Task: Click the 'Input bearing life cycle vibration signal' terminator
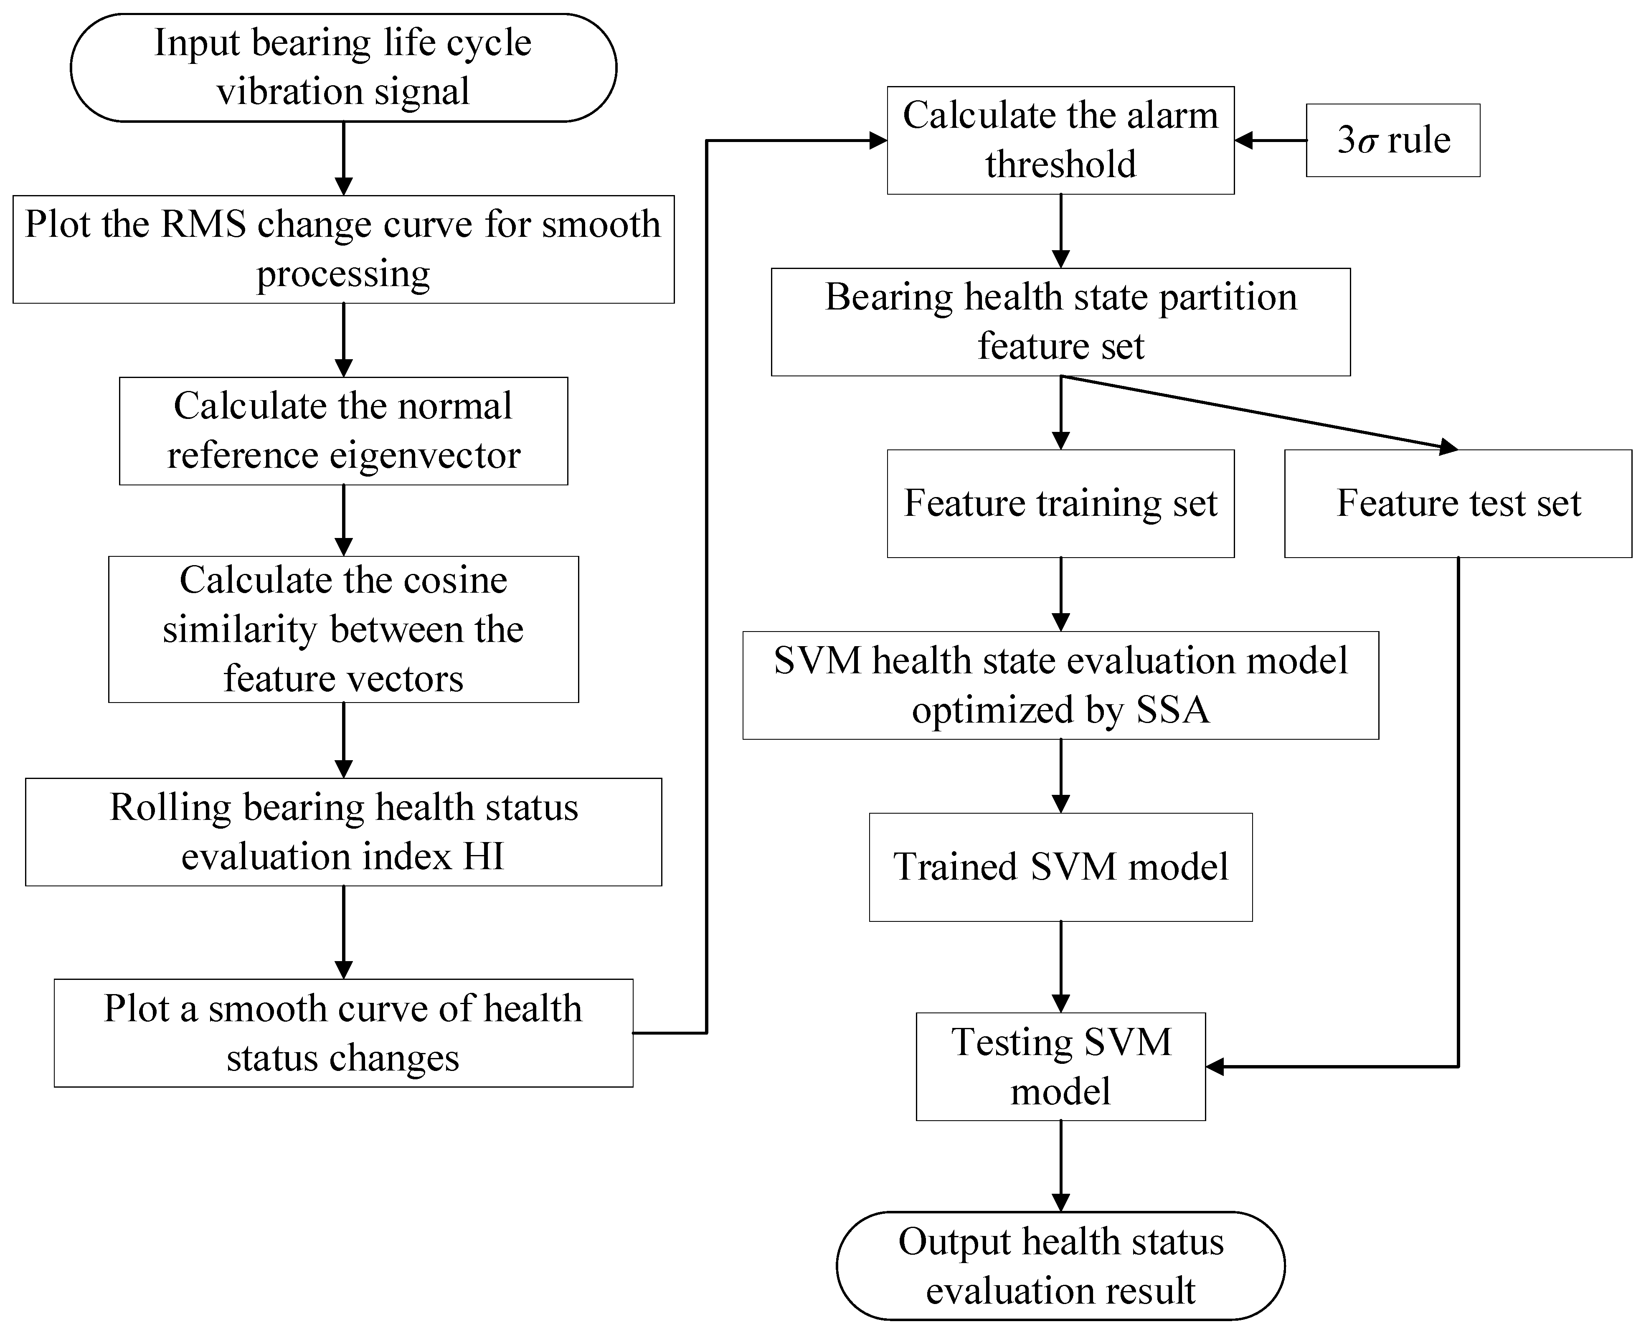343,68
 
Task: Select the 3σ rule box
1392,140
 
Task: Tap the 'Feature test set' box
1458,503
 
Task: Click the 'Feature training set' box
1060,503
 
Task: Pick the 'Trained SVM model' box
1060,867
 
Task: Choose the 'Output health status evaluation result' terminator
1060,1266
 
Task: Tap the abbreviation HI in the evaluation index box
483,856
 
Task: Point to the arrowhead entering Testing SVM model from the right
1215,1066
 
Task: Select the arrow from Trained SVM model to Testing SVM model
1060,967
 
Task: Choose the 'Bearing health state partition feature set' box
1060,322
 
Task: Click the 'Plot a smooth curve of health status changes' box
343,1033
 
